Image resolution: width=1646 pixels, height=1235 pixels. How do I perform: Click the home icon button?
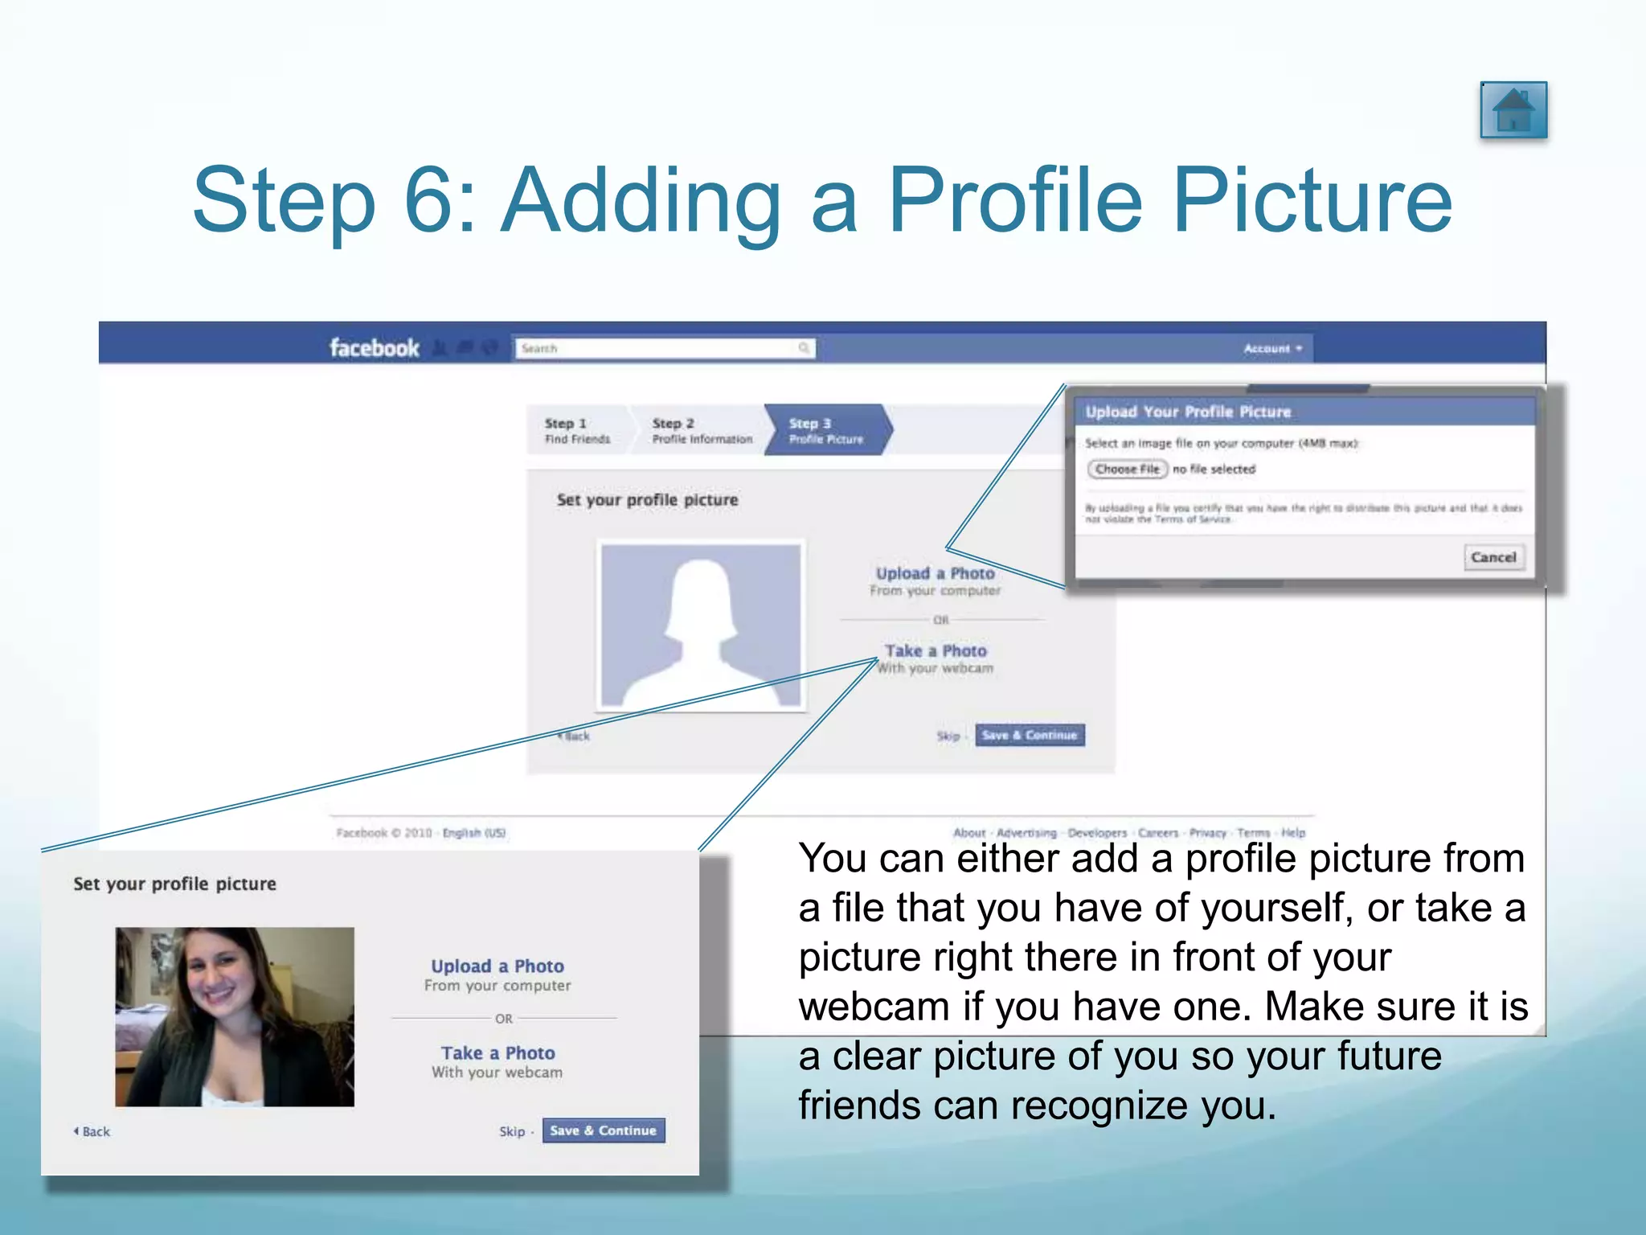pos(1513,110)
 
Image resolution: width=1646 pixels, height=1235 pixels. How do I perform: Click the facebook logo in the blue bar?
pos(374,348)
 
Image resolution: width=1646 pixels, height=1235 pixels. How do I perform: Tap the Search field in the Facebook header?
pos(663,348)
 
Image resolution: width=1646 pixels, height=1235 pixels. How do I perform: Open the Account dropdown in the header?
pos(1272,348)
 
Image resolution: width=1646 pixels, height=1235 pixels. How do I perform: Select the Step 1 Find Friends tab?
pos(576,430)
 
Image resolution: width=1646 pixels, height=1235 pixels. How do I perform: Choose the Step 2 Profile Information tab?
pos(701,430)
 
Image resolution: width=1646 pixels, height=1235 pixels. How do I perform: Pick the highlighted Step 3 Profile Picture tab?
pos(826,430)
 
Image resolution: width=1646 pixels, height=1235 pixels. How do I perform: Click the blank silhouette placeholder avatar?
pos(700,625)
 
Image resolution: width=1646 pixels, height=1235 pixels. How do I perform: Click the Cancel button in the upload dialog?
pos(1492,557)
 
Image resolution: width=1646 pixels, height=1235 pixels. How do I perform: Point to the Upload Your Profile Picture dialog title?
pos(1187,412)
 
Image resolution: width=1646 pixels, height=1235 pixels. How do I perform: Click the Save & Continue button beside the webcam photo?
pos(603,1130)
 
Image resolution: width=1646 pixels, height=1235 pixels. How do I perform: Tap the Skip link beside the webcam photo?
pos(511,1131)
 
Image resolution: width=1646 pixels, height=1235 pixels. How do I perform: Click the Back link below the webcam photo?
pos(93,1131)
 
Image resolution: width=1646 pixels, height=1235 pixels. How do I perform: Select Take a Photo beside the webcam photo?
pos(497,1053)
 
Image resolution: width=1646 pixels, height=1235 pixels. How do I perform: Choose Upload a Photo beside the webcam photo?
pos(497,966)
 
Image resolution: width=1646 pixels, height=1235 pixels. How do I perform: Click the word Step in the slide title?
pos(284,201)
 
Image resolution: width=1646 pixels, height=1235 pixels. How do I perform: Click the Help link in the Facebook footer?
pos(1292,833)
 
